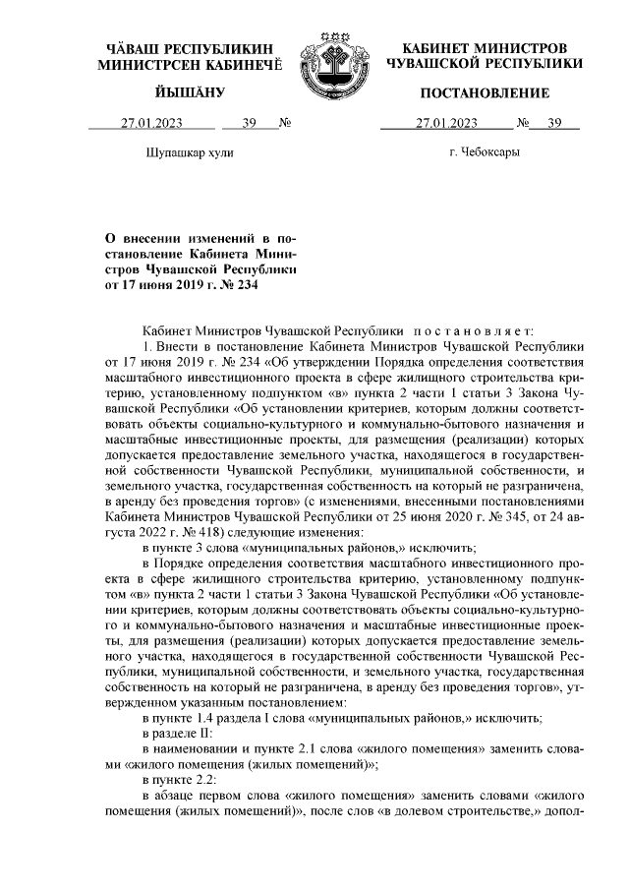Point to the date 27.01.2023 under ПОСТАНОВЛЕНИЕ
(x=446, y=124)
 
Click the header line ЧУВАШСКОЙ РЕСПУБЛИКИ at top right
(x=485, y=63)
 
